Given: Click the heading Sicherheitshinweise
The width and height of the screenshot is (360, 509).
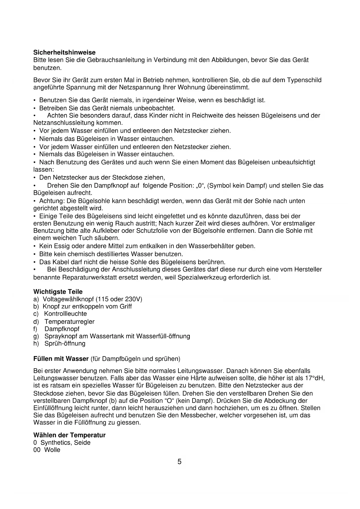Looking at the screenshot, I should coord(64,53).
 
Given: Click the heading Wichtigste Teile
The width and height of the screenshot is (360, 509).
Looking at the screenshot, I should coord(58,292).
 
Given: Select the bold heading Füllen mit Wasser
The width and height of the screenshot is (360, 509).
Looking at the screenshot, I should coord(61,359).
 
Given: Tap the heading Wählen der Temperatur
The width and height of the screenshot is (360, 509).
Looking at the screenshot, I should coord(69,435).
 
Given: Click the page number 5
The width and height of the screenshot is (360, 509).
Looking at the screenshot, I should coord(180,462).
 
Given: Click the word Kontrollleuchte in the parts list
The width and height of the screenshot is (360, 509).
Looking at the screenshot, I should coord(65,314).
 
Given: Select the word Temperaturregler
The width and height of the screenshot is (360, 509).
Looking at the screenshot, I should coord(69,322).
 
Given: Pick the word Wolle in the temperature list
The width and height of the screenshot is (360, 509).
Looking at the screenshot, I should coord(52,450).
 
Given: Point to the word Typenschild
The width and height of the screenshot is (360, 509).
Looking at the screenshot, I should coord(304,80).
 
